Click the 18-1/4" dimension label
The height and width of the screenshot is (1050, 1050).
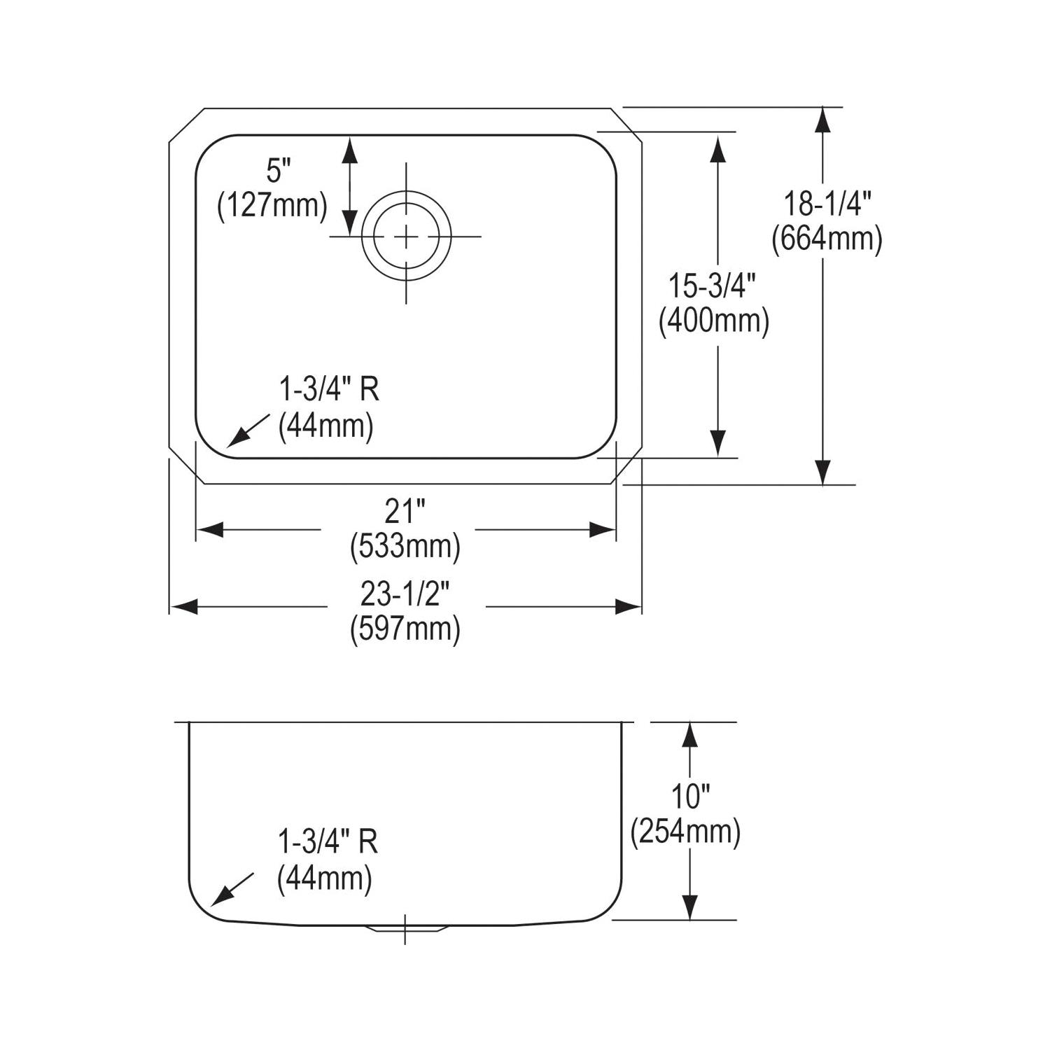click(827, 204)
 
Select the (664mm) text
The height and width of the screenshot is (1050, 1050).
click(827, 240)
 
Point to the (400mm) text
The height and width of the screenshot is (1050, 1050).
click(713, 321)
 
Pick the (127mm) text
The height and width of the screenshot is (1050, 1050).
click(272, 206)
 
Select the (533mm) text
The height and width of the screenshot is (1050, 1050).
click(405, 547)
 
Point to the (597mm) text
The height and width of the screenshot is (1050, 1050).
click(405, 629)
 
